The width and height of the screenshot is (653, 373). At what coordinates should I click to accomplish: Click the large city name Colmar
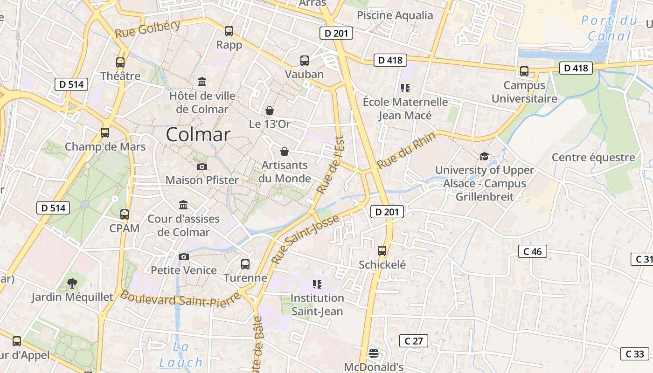pos(198,135)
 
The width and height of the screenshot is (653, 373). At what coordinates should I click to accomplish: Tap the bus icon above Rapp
pos(229,31)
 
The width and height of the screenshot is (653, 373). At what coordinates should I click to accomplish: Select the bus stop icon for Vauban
pos(305,60)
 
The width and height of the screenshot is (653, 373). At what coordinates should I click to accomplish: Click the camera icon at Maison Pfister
pos(202,166)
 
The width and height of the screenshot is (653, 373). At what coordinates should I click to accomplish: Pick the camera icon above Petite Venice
pos(184,256)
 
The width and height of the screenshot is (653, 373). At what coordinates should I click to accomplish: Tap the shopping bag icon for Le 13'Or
pos(270,111)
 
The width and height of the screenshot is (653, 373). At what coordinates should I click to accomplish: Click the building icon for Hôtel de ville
pos(202,82)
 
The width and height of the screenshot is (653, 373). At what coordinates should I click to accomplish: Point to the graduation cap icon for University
pos(485,156)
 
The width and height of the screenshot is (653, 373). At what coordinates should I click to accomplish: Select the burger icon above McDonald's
pos(373,353)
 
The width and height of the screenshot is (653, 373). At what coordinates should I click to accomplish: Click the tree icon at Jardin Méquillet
pos(72,283)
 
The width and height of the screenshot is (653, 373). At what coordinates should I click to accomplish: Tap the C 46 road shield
pos(532,252)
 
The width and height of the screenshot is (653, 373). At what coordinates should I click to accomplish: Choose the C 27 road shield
pos(414,341)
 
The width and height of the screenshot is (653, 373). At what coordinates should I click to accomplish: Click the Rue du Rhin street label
pos(406,151)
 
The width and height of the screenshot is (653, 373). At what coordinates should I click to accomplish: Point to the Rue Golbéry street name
pos(147,29)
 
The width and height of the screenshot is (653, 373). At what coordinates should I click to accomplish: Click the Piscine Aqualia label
pos(395,15)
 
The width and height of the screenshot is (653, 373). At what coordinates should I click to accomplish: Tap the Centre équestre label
pos(593,157)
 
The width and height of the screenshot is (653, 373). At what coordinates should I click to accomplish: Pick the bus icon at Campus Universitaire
pos(524,71)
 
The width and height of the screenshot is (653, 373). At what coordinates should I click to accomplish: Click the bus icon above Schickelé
pos(382,251)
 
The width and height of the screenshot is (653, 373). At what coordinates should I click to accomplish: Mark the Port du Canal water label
pos(609,28)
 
